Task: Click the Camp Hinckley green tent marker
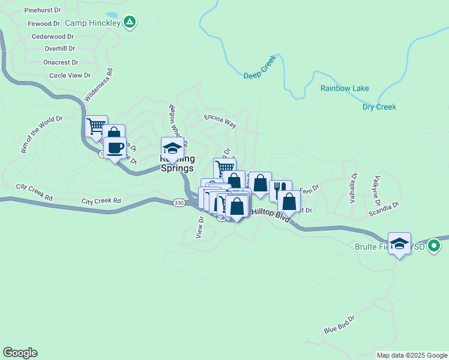click(x=130, y=23)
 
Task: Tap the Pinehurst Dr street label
click(x=43, y=10)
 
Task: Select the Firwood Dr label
click(x=44, y=24)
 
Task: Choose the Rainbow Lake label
click(x=345, y=88)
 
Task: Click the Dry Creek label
click(x=379, y=107)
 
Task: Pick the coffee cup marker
click(x=115, y=147)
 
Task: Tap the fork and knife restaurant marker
click(x=280, y=190)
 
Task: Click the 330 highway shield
click(x=179, y=203)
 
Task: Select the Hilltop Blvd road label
click(x=270, y=215)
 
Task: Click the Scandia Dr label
click(x=384, y=206)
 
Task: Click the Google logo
click(x=20, y=353)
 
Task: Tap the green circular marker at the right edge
click(x=435, y=246)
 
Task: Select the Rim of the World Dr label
click(x=42, y=134)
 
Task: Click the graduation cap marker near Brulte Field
click(x=399, y=243)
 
